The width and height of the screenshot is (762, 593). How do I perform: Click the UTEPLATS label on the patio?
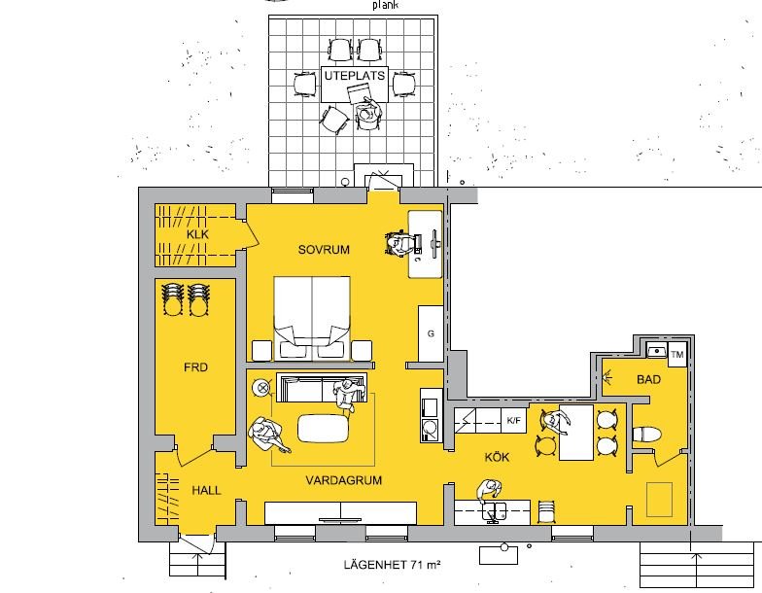coord(354,76)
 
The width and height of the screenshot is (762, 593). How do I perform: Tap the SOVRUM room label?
coord(324,250)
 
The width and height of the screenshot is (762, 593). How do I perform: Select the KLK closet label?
coord(197,234)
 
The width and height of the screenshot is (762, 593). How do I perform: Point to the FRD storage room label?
coord(196,367)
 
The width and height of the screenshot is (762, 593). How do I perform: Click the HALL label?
coord(206,490)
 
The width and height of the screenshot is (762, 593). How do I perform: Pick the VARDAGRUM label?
coord(344,480)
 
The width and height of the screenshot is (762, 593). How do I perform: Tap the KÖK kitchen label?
coord(498,457)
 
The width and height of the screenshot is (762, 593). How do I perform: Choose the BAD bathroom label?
coord(649,379)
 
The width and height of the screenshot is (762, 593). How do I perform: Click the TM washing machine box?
coord(676,354)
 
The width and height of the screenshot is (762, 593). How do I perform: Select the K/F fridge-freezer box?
coord(513,420)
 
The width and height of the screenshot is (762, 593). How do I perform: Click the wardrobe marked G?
coord(431,333)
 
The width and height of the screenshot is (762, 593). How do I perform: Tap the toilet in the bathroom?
coord(646,435)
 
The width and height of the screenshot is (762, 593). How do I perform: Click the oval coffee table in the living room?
coord(323,428)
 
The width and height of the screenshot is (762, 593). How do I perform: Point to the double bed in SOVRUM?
coord(312,319)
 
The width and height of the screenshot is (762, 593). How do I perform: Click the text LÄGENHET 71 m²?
coord(393,565)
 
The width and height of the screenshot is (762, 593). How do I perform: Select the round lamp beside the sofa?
coord(263,387)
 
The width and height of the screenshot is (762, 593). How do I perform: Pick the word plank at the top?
coord(385,6)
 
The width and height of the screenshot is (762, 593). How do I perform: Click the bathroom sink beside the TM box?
coord(657,350)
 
